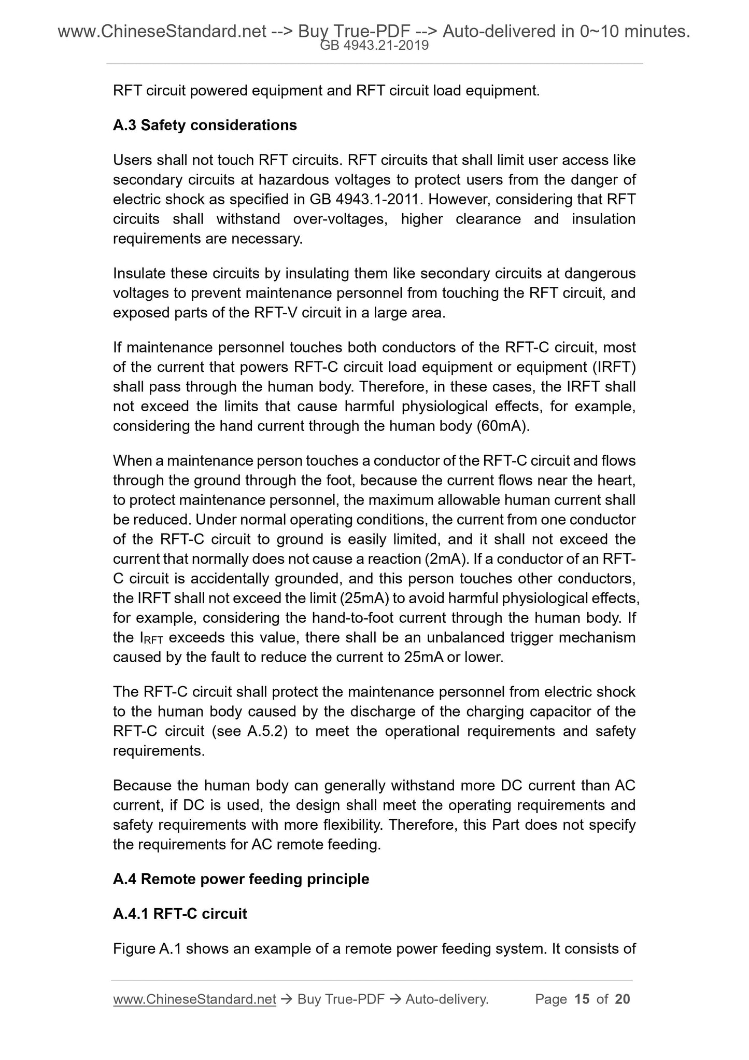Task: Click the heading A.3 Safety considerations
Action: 205,125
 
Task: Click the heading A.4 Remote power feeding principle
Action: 241,879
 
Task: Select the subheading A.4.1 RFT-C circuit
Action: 180,914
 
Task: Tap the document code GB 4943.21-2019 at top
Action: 374,46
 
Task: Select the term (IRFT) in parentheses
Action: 615,367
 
